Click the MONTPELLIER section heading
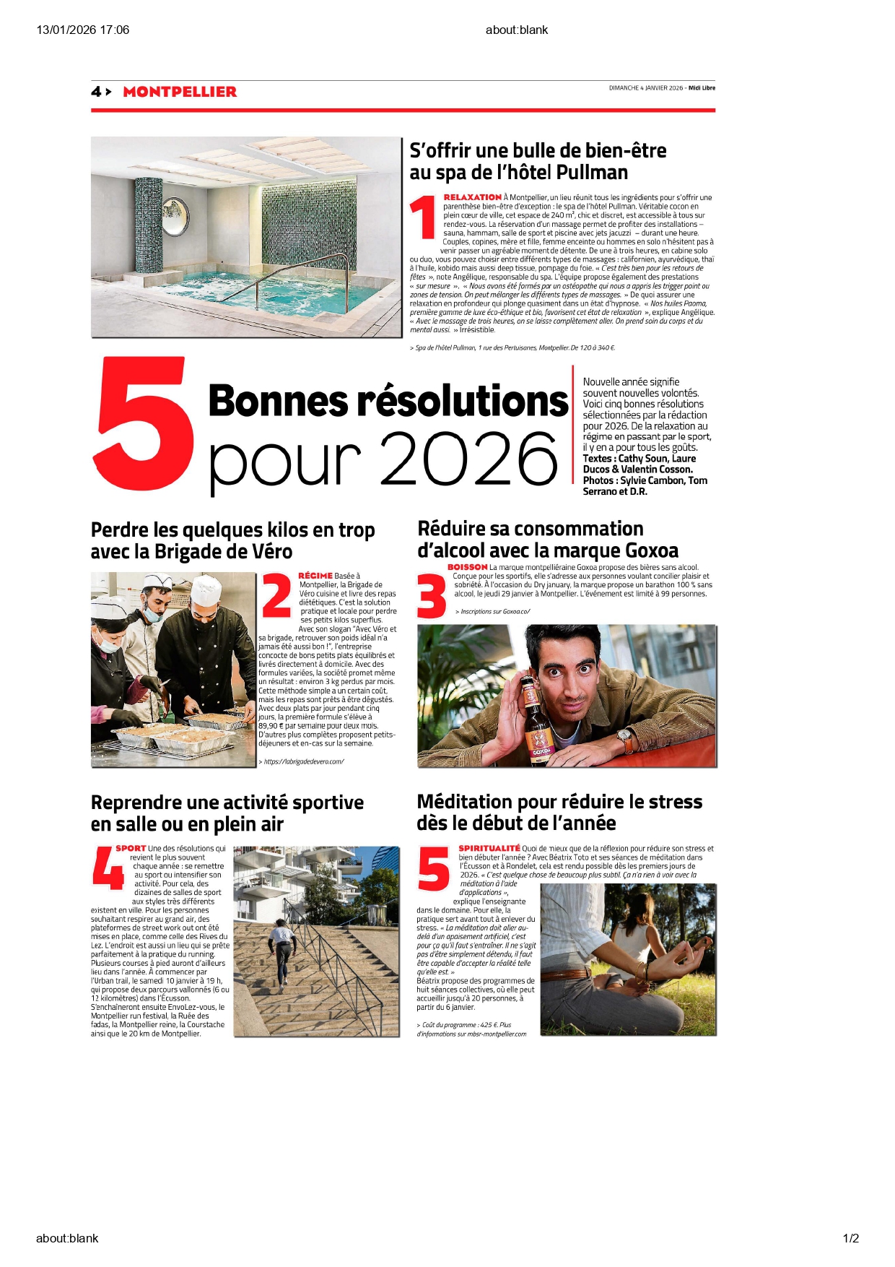point(180,92)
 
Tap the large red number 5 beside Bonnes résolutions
point(144,424)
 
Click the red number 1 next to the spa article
point(423,217)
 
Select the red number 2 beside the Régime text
point(276,595)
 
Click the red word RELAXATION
point(472,197)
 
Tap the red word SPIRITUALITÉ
point(489,849)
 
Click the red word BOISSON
point(467,568)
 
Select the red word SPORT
point(131,849)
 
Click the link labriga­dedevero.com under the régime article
point(303,761)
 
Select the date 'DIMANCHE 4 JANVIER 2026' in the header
point(645,88)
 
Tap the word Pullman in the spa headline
point(592,173)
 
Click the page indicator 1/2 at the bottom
point(850,1238)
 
